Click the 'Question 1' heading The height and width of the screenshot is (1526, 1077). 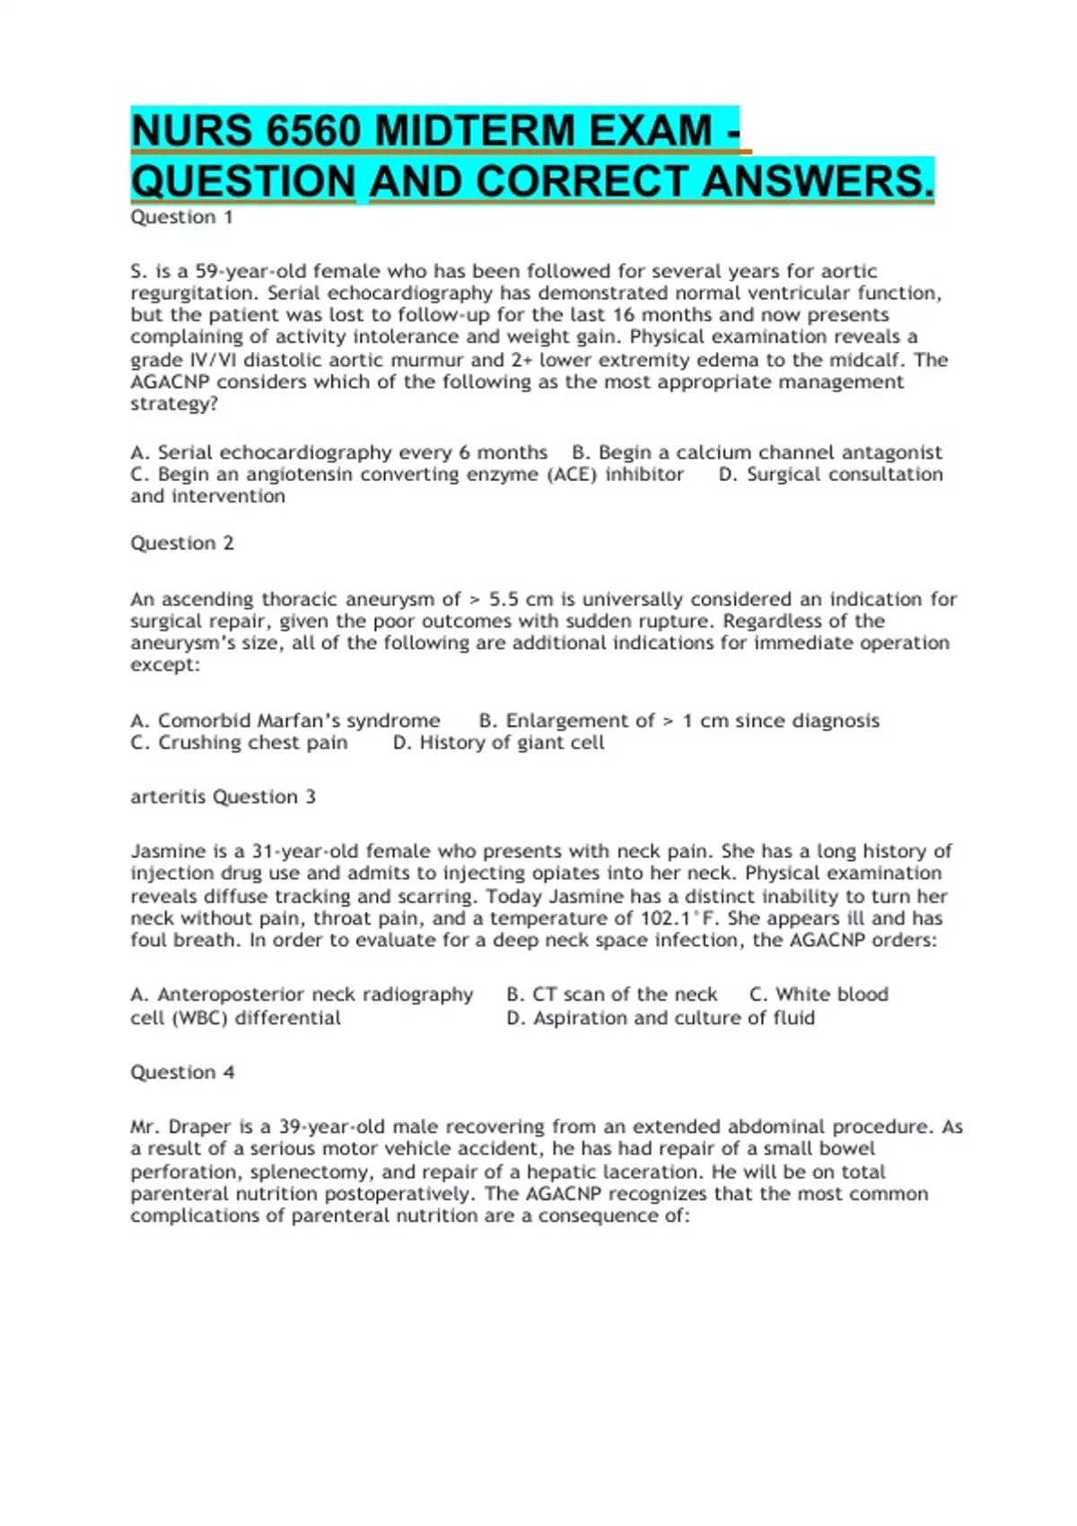coord(181,217)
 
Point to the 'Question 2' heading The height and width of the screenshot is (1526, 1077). coord(181,543)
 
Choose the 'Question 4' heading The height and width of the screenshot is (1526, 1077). coord(182,1072)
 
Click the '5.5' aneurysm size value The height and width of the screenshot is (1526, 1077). coord(504,599)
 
